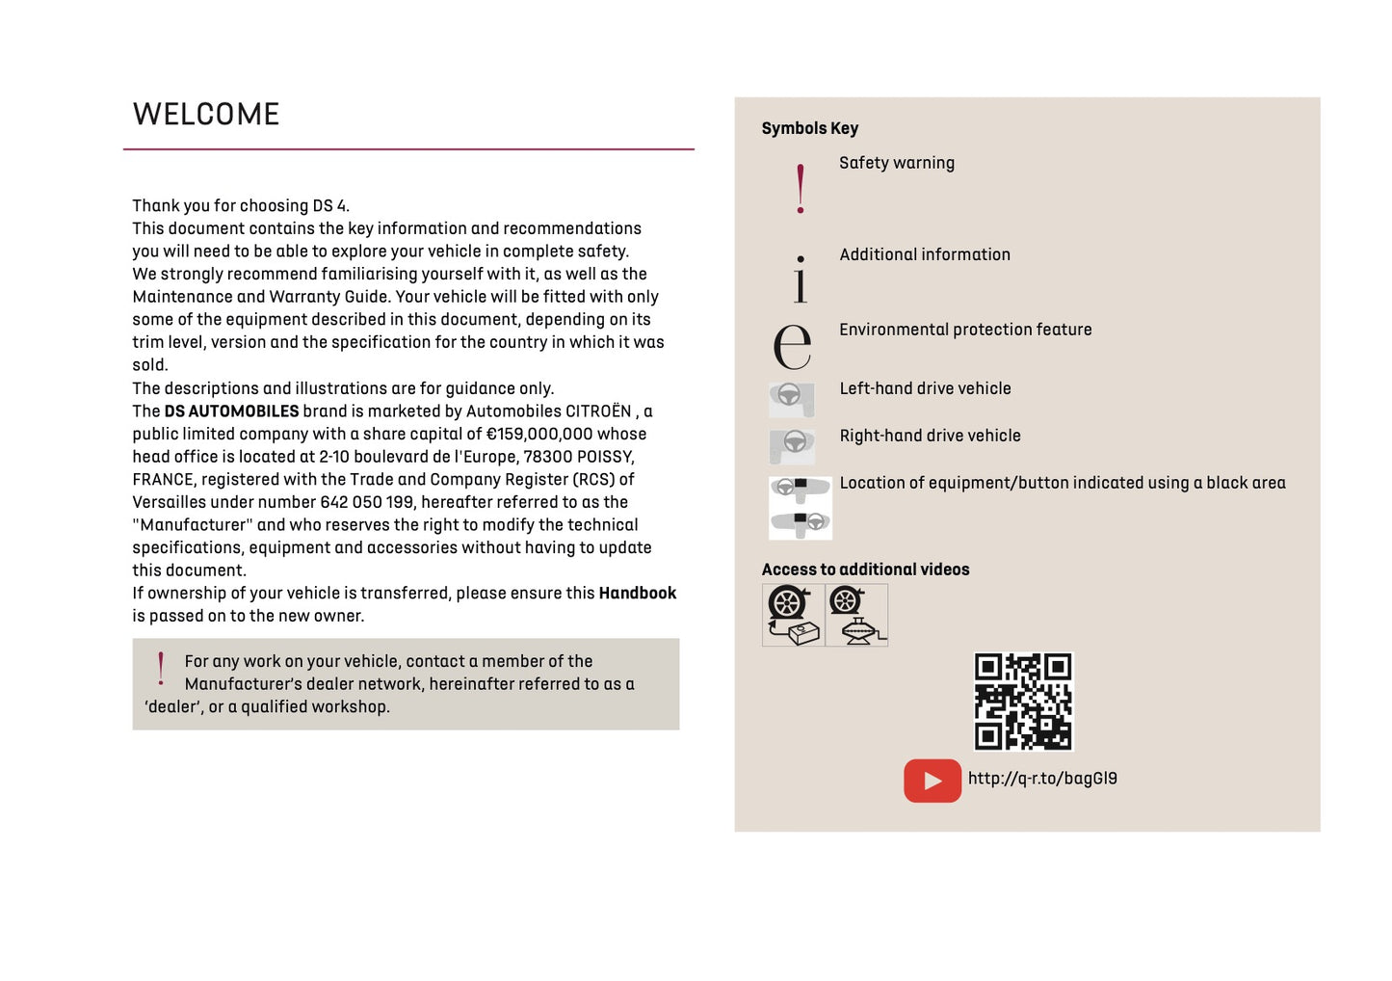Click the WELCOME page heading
[206, 115]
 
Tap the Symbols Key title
[809, 128]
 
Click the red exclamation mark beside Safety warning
[801, 189]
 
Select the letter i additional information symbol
[801, 278]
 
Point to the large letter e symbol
[793, 346]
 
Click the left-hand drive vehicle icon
[792, 398]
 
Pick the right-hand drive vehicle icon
[792, 445]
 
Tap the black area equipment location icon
[801, 507]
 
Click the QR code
[1023, 701]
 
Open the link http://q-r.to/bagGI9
[1042, 779]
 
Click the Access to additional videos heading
[865, 570]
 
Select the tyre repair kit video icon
[793, 615]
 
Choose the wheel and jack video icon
[856, 615]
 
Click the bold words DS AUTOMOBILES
[231, 411]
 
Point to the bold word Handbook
[637, 594]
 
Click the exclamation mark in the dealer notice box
[161, 668]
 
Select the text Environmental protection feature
[965, 330]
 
